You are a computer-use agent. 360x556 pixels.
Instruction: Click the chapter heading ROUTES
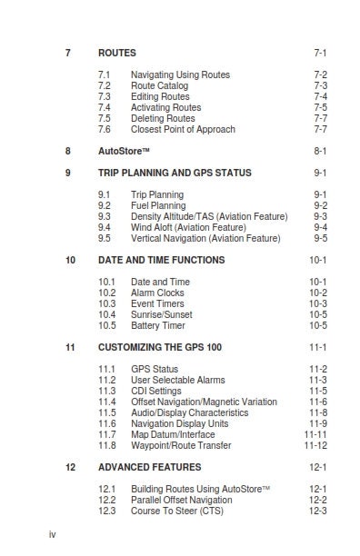coord(117,54)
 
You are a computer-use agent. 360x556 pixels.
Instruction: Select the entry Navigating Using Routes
coord(180,74)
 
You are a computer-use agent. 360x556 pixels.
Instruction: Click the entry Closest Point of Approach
coord(183,129)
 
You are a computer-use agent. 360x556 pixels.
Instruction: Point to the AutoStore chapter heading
coord(125,151)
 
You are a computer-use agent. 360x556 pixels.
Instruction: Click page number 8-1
coord(320,151)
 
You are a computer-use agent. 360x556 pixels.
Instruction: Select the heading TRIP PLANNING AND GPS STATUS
coord(175,173)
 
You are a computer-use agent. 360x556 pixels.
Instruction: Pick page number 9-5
coord(320,238)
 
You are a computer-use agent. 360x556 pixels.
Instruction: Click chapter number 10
coord(70,260)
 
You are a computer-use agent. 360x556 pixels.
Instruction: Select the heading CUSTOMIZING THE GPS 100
coord(160,347)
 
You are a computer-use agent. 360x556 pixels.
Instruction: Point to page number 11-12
coord(315,445)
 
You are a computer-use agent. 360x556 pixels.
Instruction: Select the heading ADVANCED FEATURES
coord(149,467)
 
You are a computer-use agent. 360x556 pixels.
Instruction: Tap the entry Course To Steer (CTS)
coord(177,511)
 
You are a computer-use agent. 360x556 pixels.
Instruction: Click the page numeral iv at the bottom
coord(53,534)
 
